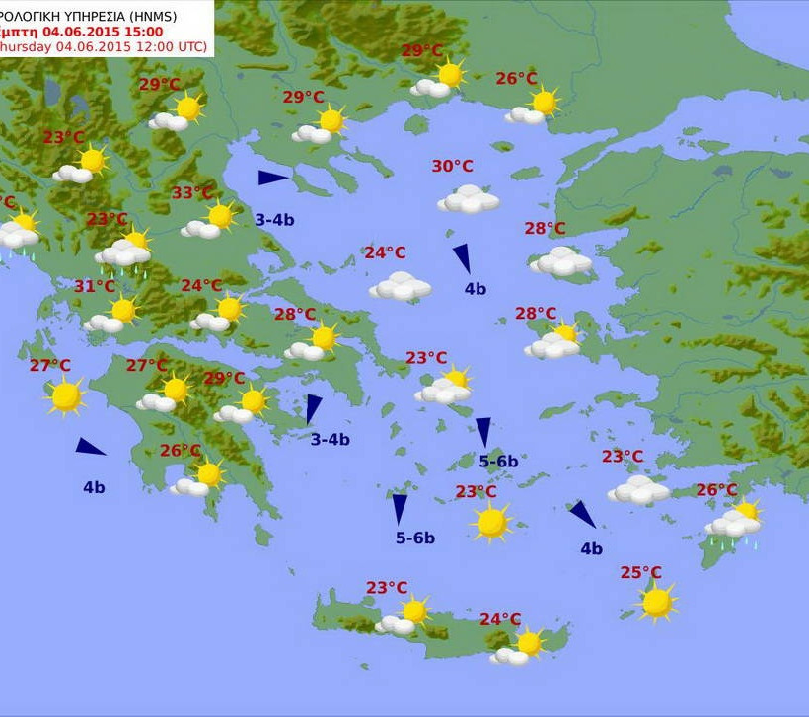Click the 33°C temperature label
[x=192, y=193]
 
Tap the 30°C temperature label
[x=452, y=166]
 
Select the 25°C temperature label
[x=641, y=572]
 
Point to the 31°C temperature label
[x=95, y=286]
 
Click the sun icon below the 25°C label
[x=656, y=601]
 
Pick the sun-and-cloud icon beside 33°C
[x=209, y=221]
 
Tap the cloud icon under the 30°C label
[x=469, y=199]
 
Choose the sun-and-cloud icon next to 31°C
[x=111, y=315]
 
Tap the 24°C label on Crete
[x=500, y=619]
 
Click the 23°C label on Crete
[x=387, y=588]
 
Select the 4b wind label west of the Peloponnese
[x=94, y=487]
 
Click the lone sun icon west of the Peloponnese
[x=65, y=395]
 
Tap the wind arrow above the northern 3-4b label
[x=272, y=178]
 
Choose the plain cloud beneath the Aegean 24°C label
[x=401, y=286]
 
